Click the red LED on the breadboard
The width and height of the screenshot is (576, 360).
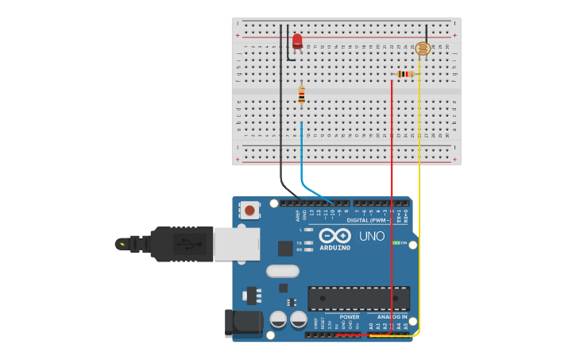point(297,41)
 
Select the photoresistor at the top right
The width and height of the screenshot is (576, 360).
point(423,49)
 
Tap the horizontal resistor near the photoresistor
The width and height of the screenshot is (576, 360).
point(405,75)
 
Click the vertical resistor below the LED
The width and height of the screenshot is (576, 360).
point(301,95)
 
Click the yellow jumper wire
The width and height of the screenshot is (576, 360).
point(419,199)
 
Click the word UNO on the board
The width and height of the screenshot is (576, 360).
point(371,236)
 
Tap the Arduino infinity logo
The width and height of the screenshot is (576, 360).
point(335,236)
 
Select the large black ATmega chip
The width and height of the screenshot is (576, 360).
point(358,299)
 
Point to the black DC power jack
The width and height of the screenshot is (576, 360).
point(243,323)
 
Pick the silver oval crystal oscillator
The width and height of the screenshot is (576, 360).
point(282,271)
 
